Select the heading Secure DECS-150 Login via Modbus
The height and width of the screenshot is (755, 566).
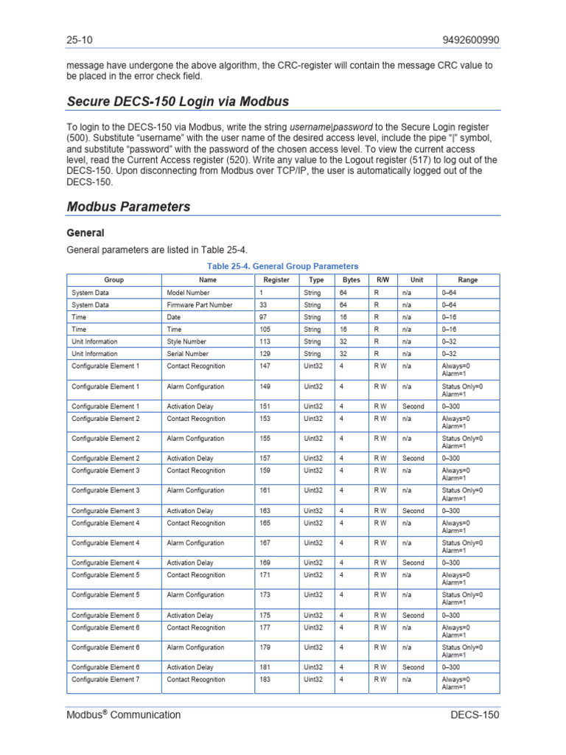coord(178,101)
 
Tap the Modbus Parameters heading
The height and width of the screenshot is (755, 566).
coord(128,206)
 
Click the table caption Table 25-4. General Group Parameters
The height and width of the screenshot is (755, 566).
coord(283,266)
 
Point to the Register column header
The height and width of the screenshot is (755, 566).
coord(276,280)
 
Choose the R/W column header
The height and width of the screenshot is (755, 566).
coord(382,280)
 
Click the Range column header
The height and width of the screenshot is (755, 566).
coord(468,280)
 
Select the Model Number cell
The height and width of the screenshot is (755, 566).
coord(188,293)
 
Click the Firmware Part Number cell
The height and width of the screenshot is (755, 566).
coord(200,305)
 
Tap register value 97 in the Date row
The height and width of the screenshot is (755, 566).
coord(264,317)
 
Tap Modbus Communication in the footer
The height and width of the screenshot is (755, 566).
coord(123,714)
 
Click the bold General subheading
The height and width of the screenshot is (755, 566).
coord(85,233)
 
